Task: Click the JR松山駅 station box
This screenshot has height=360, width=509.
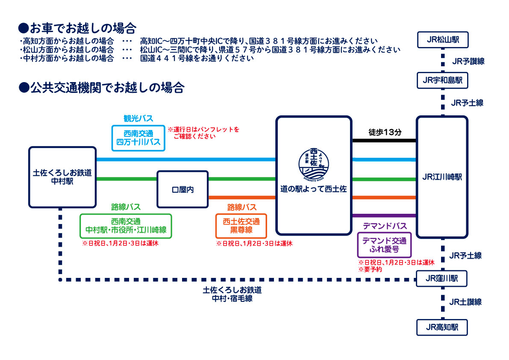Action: pos(442,40)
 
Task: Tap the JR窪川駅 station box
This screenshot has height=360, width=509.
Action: pos(442,279)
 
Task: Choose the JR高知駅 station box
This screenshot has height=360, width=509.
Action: pos(442,328)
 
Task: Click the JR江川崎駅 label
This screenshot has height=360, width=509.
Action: pos(442,177)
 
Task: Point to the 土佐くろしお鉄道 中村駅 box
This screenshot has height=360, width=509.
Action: pos(62,177)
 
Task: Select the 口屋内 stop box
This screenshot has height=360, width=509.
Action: pos(182,189)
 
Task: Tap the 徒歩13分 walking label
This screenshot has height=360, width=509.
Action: pos(385,133)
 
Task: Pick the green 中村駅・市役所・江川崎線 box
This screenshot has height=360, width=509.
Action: pos(126,226)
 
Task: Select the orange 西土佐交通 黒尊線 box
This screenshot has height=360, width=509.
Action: pos(241,226)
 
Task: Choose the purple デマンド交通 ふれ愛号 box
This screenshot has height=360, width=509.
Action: pos(384,245)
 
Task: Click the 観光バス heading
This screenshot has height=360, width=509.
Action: pos(138,118)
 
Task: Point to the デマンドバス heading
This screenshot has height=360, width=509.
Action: pos(385,226)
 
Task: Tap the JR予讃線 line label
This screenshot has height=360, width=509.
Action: pos(468,61)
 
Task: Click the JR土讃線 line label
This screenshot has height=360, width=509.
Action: pos(465,302)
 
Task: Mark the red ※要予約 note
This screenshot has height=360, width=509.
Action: pos(370,269)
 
